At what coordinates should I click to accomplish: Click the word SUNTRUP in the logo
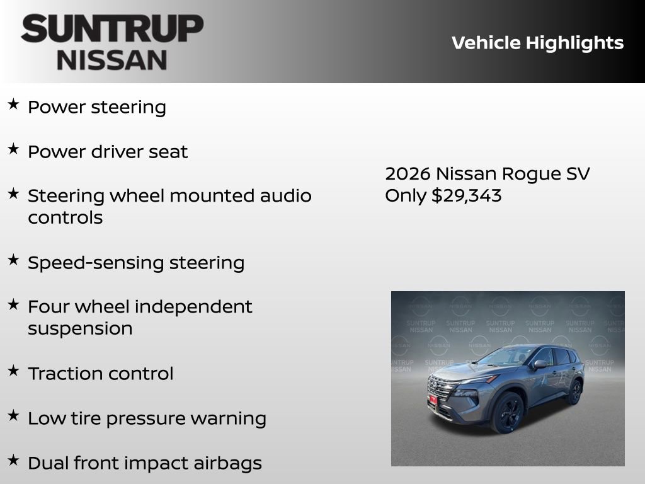pos(112,29)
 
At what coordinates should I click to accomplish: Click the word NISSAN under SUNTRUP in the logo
pos(112,60)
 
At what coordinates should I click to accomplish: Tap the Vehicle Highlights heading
pos(537,43)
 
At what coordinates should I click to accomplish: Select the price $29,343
pos(466,195)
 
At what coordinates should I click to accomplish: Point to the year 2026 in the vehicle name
pos(408,174)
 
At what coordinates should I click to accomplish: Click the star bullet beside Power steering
pos(13,105)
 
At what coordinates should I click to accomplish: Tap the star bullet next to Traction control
pos(13,371)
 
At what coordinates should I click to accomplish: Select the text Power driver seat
pos(108,152)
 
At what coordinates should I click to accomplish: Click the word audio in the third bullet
pos(286,196)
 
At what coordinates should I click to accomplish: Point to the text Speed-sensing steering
pos(136,263)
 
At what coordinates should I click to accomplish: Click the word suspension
pos(80,329)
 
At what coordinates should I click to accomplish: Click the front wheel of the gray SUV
pos(507,413)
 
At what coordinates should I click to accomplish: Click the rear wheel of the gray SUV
pos(574,392)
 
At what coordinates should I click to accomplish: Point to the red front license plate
pos(433,400)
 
